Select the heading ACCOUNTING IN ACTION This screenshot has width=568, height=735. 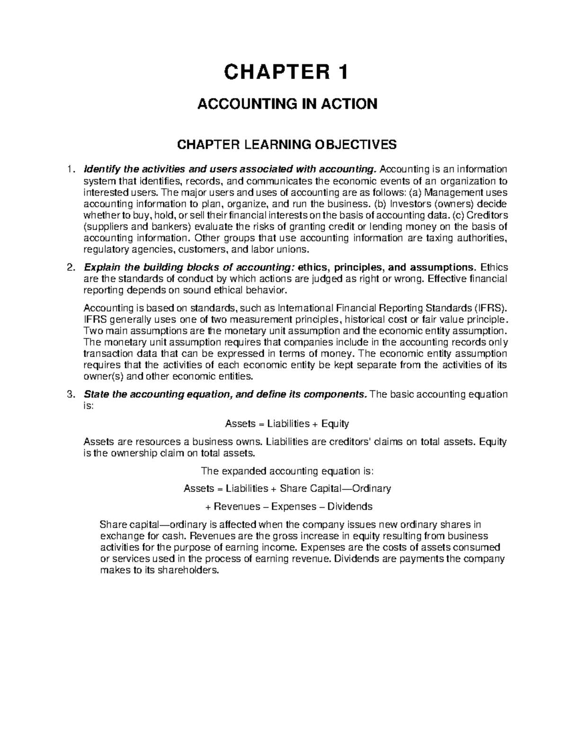pos(287,104)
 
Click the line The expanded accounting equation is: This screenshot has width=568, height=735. pos(287,471)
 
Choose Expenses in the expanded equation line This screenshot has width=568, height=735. pos(290,506)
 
